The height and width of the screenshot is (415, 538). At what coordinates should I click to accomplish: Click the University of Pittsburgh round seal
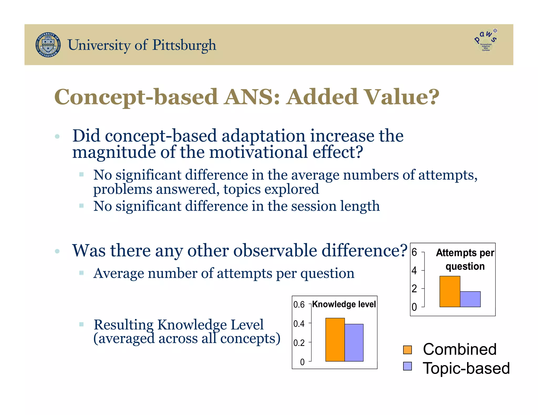pyautogui.click(x=48, y=45)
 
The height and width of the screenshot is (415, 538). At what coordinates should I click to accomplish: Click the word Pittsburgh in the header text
pyautogui.click(x=184, y=45)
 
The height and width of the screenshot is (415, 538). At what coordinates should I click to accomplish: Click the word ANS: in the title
pyautogui.click(x=252, y=97)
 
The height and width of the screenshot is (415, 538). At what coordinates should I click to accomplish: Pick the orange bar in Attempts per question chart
pyautogui.click(x=450, y=291)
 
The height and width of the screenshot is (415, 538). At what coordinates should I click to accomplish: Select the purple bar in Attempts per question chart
pyautogui.click(x=470, y=299)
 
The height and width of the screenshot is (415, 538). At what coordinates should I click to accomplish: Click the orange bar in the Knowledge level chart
pyautogui.click(x=335, y=340)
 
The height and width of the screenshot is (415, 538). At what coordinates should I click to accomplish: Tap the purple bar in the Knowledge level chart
pyautogui.click(x=354, y=343)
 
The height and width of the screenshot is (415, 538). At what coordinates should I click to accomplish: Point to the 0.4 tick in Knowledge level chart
pyautogui.click(x=299, y=324)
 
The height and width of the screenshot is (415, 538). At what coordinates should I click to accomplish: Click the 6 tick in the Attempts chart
pyautogui.click(x=414, y=252)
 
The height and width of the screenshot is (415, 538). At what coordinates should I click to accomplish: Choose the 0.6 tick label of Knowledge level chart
pyautogui.click(x=299, y=305)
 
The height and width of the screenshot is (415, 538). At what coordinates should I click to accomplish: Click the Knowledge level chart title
pyautogui.click(x=344, y=304)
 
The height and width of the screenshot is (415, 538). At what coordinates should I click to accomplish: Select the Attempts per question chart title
pyautogui.click(x=465, y=259)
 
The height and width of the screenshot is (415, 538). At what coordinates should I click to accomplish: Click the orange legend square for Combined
pyautogui.click(x=407, y=350)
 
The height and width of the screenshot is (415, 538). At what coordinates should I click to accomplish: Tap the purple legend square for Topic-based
pyautogui.click(x=407, y=366)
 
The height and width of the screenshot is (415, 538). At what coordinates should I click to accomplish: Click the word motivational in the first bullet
pyautogui.click(x=258, y=152)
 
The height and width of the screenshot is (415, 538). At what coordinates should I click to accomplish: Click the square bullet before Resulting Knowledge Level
pyautogui.click(x=81, y=324)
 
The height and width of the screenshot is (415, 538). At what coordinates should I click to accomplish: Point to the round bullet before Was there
pyautogui.click(x=57, y=251)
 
